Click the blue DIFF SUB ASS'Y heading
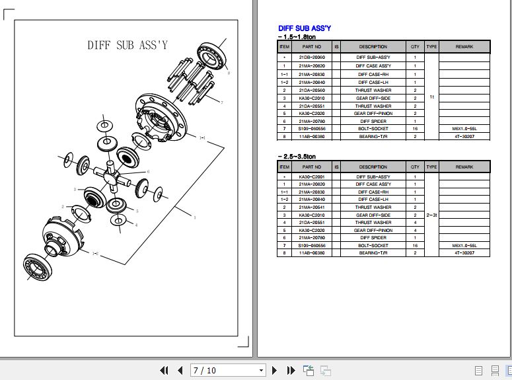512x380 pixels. pyautogui.click(x=305, y=28)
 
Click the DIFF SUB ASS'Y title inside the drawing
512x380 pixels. pyautogui.click(x=128, y=46)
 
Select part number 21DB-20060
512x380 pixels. pyautogui.click(x=312, y=57)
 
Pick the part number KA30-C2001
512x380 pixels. pyautogui.click(x=312, y=177)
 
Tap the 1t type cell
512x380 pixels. pyautogui.click(x=431, y=96)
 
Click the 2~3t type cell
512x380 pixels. pyautogui.click(x=431, y=215)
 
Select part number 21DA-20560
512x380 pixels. pyautogui.click(x=312, y=90)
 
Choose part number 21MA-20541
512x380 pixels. pyautogui.click(x=312, y=207)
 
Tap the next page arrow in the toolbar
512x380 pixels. pyautogui.click(x=274, y=370)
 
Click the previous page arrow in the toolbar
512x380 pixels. pyautogui.click(x=179, y=370)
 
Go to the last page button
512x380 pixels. pyautogui.click(x=289, y=370)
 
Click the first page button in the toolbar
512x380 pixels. pyautogui.click(x=163, y=370)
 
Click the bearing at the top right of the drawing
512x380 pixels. pyautogui.click(x=213, y=54)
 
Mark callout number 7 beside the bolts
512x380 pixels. pyautogui.click(x=222, y=102)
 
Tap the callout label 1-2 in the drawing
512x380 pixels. pyautogui.click(x=95, y=253)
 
